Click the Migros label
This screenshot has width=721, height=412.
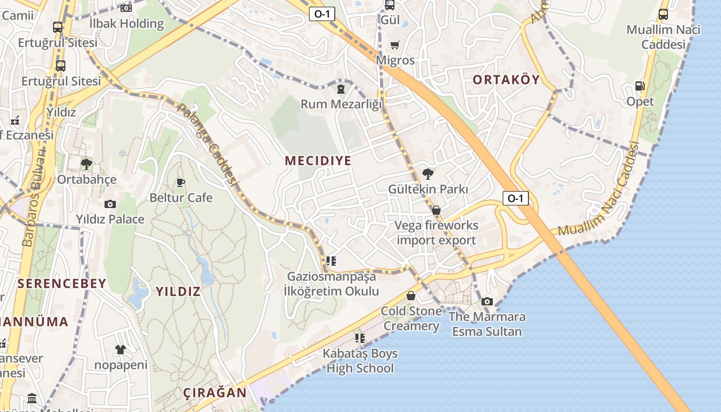[x=396, y=60]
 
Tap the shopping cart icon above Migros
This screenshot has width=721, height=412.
[x=395, y=45]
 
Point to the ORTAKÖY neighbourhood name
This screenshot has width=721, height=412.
[x=506, y=79]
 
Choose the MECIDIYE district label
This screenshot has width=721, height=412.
[x=318, y=161]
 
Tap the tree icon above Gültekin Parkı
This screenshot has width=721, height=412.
[x=427, y=174]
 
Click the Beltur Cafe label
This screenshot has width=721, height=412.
[x=181, y=198]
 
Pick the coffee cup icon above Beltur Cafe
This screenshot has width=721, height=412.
[x=181, y=182]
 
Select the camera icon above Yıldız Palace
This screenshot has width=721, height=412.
[x=110, y=204]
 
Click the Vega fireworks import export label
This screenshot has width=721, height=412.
[x=437, y=233]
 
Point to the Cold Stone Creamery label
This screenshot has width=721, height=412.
[x=411, y=318]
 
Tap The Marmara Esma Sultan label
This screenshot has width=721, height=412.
[x=487, y=324]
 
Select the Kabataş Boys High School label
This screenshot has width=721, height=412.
[x=360, y=360]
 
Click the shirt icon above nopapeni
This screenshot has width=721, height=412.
[x=121, y=350]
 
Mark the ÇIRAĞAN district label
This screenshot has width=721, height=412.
[x=215, y=393]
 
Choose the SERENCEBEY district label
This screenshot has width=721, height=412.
[x=62, y=283]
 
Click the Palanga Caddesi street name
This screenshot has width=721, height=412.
[x=208, y=145]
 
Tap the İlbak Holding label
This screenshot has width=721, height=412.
[x=126, y=23]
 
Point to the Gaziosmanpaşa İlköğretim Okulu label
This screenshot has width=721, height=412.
[x=332, y=284]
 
